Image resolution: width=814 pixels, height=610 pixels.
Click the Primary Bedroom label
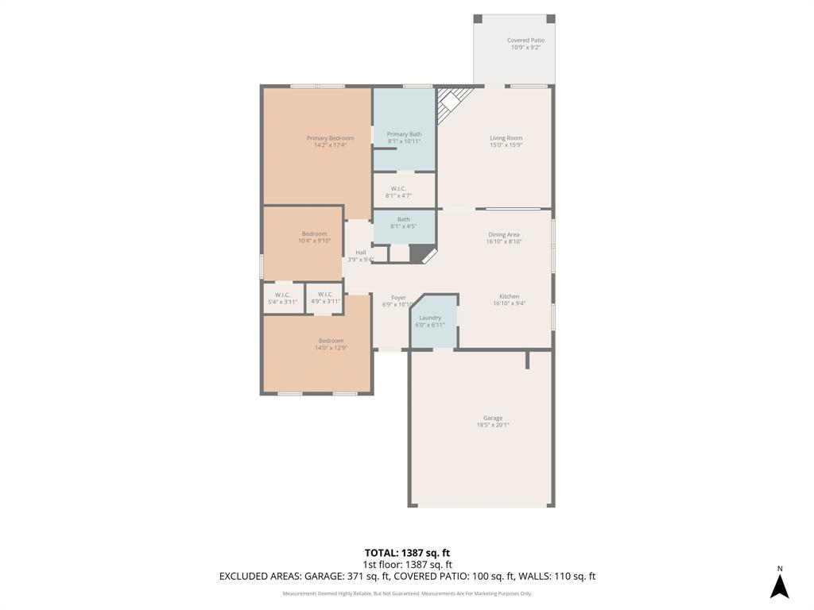(330, 138)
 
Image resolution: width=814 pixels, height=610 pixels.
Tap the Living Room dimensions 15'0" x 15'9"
(506, 145)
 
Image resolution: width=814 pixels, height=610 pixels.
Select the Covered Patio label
(525, 41)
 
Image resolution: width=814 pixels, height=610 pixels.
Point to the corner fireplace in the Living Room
(452, 100)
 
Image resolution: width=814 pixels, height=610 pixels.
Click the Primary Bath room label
(404, 134)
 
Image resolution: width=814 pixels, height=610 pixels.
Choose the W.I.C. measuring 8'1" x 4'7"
(398, 192)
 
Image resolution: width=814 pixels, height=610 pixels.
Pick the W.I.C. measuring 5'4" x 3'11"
(282, 298)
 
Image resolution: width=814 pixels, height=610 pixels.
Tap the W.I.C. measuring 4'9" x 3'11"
(325, 298)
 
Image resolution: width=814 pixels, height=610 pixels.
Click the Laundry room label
(430, 318)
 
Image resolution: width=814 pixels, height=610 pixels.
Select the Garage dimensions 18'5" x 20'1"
(492, 425)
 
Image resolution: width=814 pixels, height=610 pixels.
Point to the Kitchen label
(509, 296)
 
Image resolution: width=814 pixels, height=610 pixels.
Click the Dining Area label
(504, 234)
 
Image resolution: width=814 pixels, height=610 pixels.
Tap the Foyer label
(398, 298)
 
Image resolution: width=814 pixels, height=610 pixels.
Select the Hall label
(360, 253)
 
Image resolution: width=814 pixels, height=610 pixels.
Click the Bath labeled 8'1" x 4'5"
(404, 223)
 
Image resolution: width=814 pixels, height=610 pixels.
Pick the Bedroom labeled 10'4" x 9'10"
(314, 237)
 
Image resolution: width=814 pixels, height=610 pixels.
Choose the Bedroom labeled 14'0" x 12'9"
(331, 344)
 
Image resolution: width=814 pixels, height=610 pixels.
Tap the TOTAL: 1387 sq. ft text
(407, 553)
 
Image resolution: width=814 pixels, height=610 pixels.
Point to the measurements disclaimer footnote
(407, 593)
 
